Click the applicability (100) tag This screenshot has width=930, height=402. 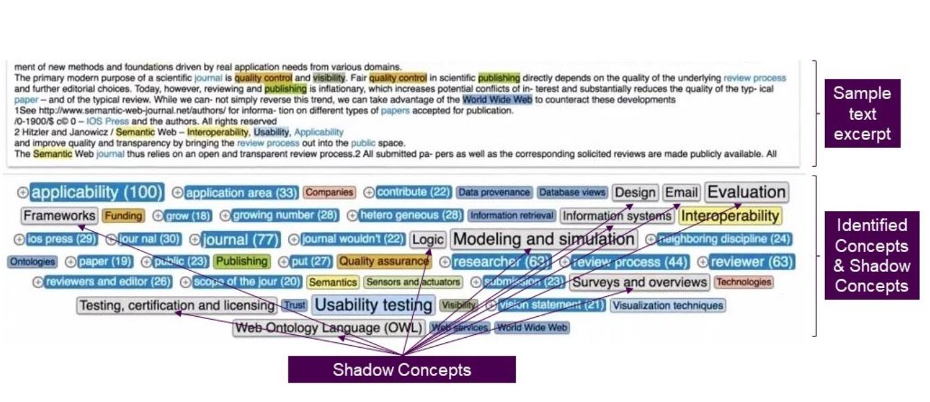click(x=97, y=193)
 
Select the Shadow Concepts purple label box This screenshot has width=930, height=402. click(x=401, y=369)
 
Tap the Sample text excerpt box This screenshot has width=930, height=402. click(x=862, y=113)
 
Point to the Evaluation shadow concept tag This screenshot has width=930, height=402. click(x=746, y=192)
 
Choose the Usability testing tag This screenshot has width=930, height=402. click(x=373, y=306)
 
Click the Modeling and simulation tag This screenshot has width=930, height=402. click(x=543, y=239)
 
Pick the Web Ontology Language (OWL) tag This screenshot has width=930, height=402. click(x=329, y=328)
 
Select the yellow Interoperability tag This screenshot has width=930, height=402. click(x=730, y=216)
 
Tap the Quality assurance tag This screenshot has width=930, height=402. click(x=384, y=261)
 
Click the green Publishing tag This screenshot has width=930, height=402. click(x=242, y=261)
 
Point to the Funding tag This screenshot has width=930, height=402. click(x=123, y=216)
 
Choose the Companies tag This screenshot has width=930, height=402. click(x=329, y=193)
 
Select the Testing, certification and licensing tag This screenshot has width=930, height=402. click(x=177, y=306)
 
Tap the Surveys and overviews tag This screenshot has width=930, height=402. click(x=639, y=282)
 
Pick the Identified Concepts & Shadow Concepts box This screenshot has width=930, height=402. click(x=871, y=255)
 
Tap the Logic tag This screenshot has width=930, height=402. click(x=428, y=239)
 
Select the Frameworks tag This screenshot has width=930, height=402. click(x=59, y=216)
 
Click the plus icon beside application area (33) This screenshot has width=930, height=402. click(x=177, y=193)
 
